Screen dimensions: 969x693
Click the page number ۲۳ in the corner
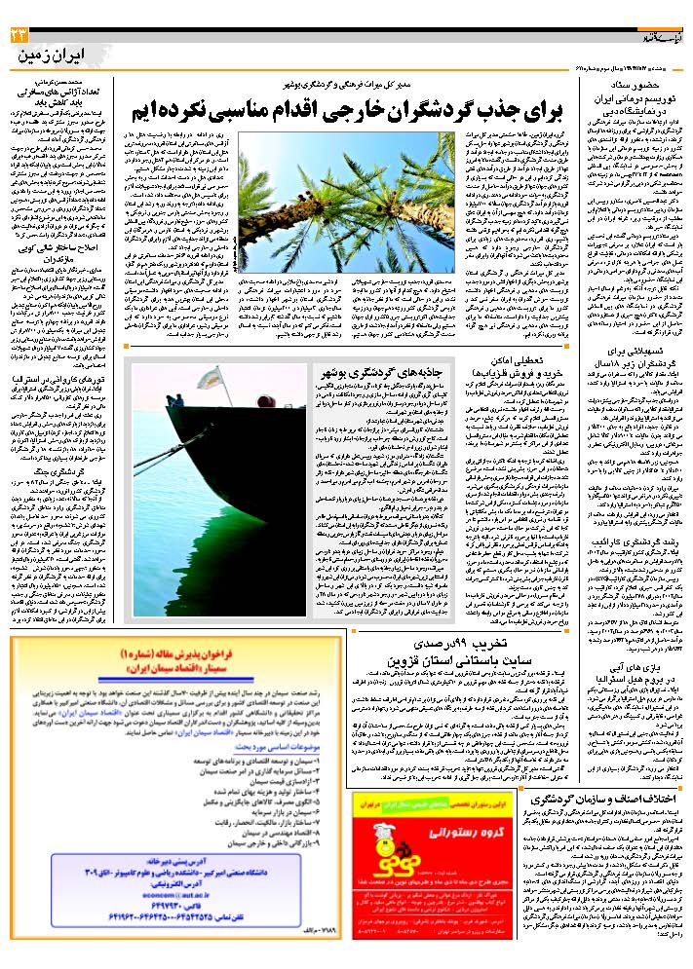point(19,35)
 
